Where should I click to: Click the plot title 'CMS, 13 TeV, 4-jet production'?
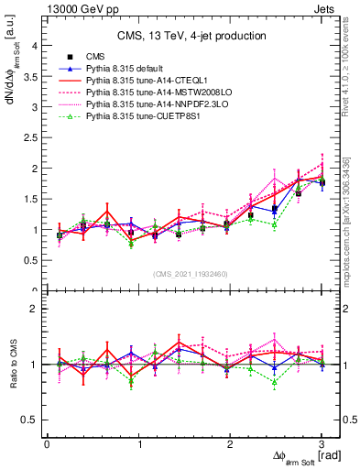191,37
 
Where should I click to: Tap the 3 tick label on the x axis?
322,444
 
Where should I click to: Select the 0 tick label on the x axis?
47,444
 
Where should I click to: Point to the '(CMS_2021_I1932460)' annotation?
192,272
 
